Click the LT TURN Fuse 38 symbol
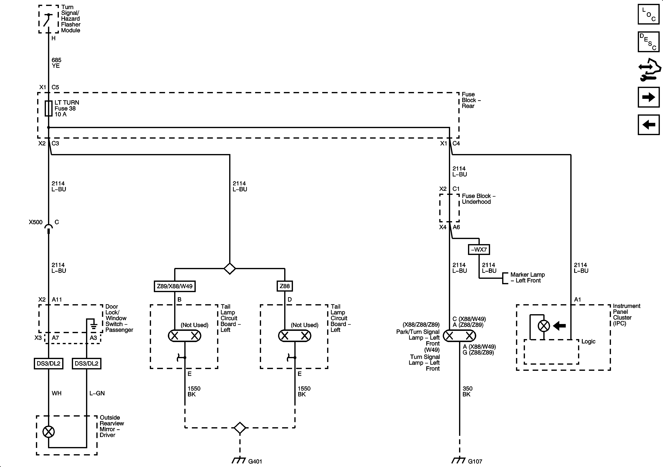tap(49, 108)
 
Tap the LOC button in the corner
tap(648, 14)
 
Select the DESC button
tap(648, 42)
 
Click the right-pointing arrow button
tap(648, 97)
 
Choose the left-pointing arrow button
tap(648, 125)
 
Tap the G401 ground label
tap(255, 461)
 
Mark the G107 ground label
tap(475, 461)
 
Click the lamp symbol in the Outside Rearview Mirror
tap(49, 432)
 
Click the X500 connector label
tap(36, 222)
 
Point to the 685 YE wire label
tap(56, 63)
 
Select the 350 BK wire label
tap(467, 391)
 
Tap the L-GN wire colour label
tap(97, 393)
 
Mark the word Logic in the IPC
tap(588, 341)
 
